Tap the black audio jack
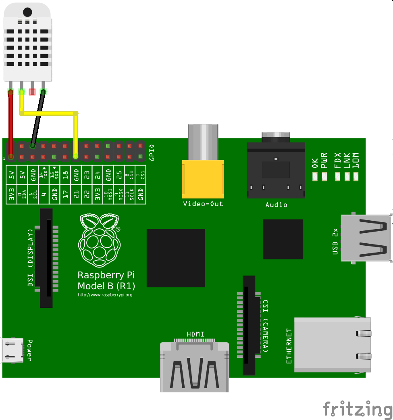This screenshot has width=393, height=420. pyautogui.click(x=275, y=169)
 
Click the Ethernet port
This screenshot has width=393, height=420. pyautogui.click(x=333, y=345)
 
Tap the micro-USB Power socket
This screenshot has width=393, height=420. pyautogui.click(x=12, y=350)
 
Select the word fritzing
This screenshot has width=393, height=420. pyautogui.click(x=357, y=409)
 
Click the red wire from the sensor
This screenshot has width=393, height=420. pyautogui.click(x=10, y=121)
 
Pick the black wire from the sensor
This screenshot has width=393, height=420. pyautogui.click(x=37, y=119)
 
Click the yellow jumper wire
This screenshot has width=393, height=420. pyautogui.click(x=75, y=133)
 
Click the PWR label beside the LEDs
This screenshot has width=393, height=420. pyautogui.click(x=324, y=161)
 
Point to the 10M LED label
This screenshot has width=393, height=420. pyautogui.click(x=356, y=161)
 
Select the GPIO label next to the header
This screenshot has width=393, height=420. pyautogui.click(x=152, y=153)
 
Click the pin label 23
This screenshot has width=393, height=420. pyautogui.click(x=87, y=175)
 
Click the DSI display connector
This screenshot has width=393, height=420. pyautogui.click(x=46, y=258)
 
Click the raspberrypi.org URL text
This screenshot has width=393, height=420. pyautogui.click(x=105, y=295)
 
